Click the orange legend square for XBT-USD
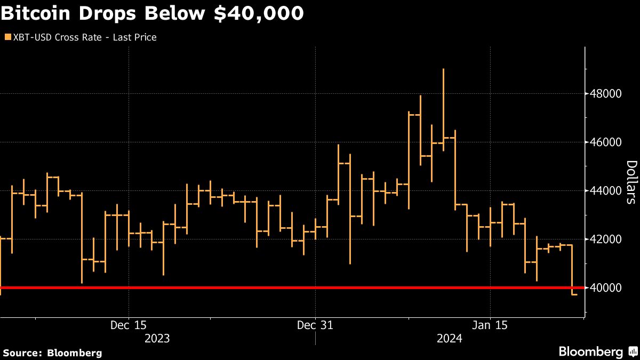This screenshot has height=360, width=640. pyautogui.click(x=7, y=37)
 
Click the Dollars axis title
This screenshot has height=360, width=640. pyautogui.click(x=630, y=182)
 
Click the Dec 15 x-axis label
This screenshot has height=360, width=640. pyautogui.click(x=129, y=325)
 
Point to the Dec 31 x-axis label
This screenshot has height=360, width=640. pyautogui.click(x=315, y=325)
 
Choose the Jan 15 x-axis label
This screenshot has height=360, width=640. pyautogui.click(x=490, y=325)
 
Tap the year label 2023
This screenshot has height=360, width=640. pyautogui.click(x=157, y=339)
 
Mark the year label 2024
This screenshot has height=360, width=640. pyautogui.click(x=449, y=339)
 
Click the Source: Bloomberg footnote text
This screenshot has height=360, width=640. pyautogui.click(x=52, y=353)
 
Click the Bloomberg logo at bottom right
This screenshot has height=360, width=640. pyautogui.click(x=597, y=351)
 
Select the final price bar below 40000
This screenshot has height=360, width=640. pyautogui.click(x=573, y=294)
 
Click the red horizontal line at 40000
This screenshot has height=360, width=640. pyautogui.click(x=267, y=288)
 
